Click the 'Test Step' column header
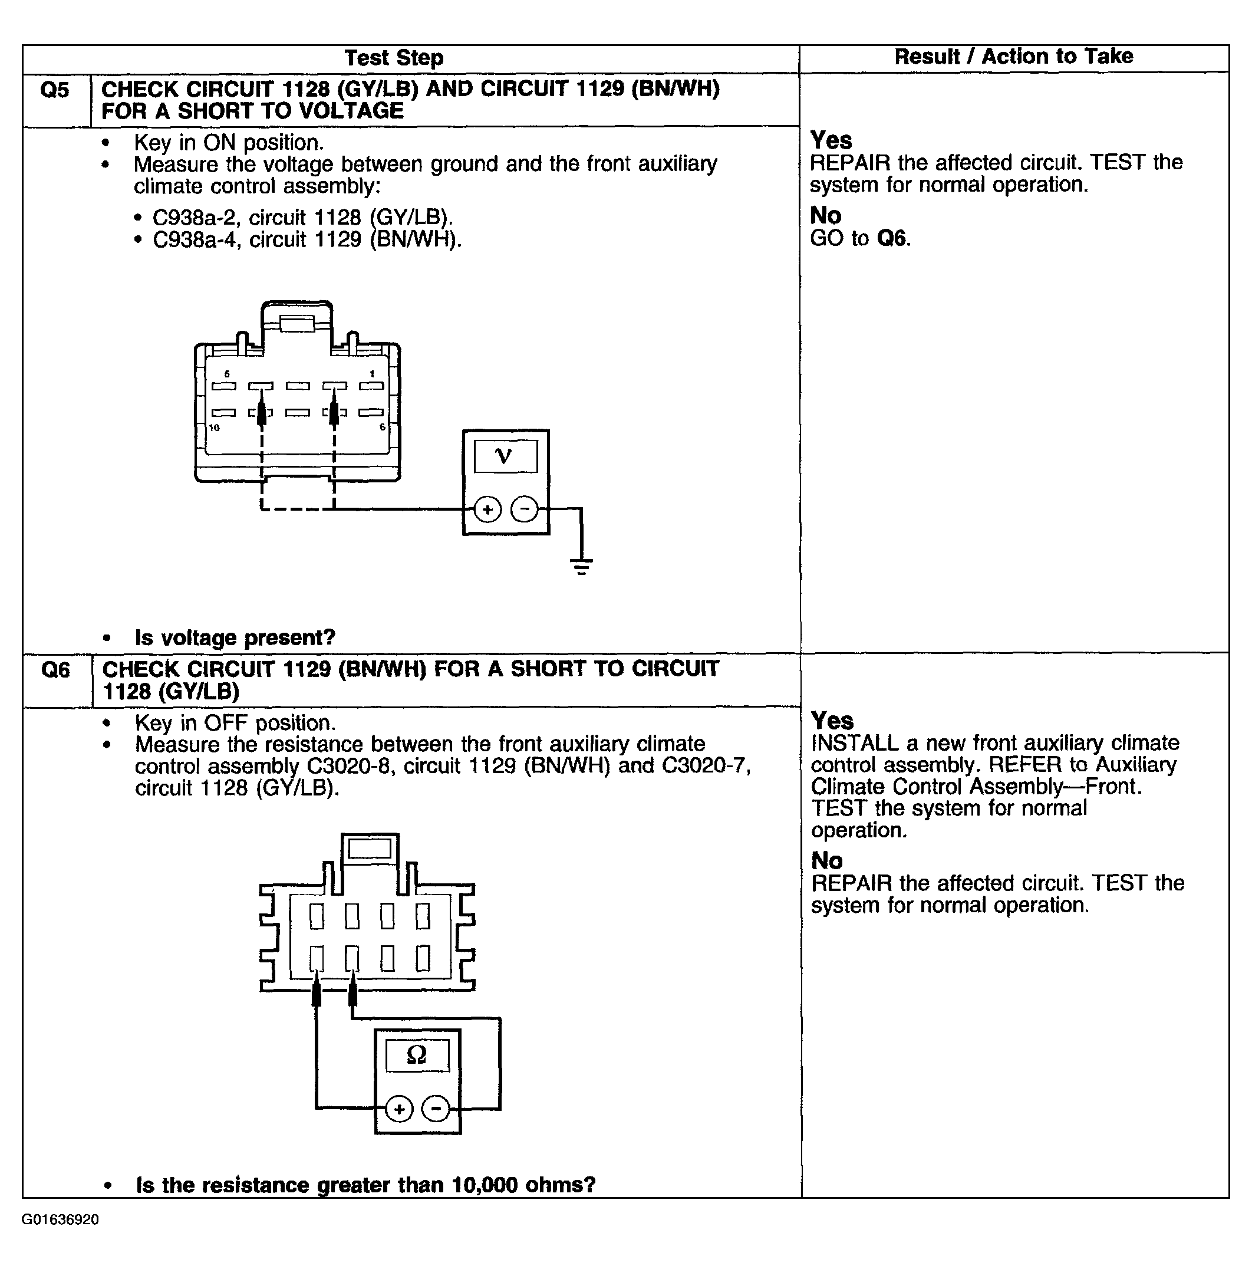point(394,58)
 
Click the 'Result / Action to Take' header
point(1013,57)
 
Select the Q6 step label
point(56,669)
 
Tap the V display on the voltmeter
point(505,456)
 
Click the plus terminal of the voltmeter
point(487,509)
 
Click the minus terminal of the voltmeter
point(524,509)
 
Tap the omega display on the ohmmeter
point(417,1055)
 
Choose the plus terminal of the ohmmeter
point(398,1109)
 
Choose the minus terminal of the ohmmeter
point(435,1109)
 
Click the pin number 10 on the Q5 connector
point(214,428)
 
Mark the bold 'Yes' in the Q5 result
point(831,140)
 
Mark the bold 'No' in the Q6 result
point(826,860)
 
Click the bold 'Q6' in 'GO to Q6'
point(892,238)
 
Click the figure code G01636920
point(60,1219)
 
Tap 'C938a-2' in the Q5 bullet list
point(194,217)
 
